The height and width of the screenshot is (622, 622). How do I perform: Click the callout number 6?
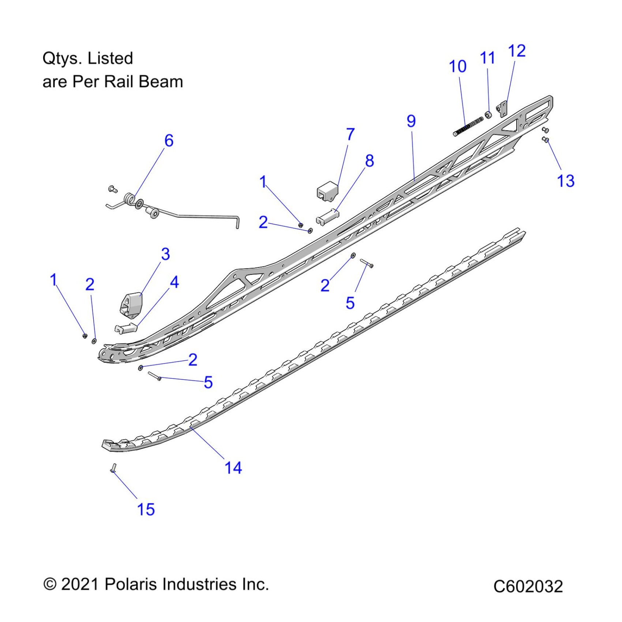click(x=169, y=140)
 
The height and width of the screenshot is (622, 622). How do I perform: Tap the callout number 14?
click(x=233, y=468)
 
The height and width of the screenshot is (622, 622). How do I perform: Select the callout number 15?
click(x=146, y=509)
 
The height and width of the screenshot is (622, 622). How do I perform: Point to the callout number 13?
click(x=565, y=181)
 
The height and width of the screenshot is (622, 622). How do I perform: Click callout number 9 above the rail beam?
click(x=411, y=121)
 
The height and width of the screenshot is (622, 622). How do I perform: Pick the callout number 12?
click(x=517, y=51)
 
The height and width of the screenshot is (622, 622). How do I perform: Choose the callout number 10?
click(x=457, y=67)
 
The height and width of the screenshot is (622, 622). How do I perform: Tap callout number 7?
click(x=350, y=134)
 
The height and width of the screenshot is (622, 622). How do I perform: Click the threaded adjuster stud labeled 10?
click(x=468, y=127)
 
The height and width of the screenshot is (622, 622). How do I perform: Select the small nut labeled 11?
click(x=488, y=115)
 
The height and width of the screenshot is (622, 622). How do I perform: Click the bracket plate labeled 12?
click(x=502, y=109)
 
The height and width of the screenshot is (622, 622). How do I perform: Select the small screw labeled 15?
click(x=113, y=468)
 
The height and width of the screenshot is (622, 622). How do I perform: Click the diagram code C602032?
click(x=528, y=586)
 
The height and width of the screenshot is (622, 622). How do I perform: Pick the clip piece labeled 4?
click(x=125, y=327)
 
